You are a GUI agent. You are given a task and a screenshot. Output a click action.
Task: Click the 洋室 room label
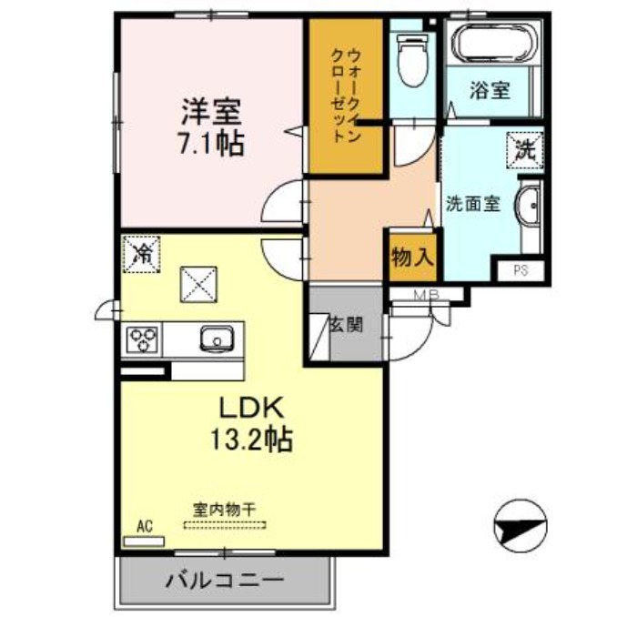click(x=210, y=114)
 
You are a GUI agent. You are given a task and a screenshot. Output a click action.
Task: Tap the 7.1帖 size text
click(x=210, y=143)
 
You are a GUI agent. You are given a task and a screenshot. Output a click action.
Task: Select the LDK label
click(x=250, y=407)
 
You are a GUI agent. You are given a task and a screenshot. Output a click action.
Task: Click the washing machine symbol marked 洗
click(x=526, y=148)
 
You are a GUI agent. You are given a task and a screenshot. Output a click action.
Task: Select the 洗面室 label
click(x=472, y=204)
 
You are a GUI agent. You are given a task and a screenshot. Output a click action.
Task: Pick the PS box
click(x=521, y=269)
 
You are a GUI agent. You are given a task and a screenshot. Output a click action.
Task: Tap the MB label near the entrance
click(x=427, y=295)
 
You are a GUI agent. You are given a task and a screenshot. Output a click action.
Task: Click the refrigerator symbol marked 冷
click(x=143, y=252)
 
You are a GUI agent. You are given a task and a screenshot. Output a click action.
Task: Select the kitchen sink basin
click(x=217, y=340)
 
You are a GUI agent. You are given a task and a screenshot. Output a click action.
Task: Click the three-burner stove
click(x=143, y=339)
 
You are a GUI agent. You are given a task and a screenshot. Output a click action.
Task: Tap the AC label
click(x=143, y=526)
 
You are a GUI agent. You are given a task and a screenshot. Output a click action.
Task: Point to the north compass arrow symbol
click(x=521, y=525)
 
